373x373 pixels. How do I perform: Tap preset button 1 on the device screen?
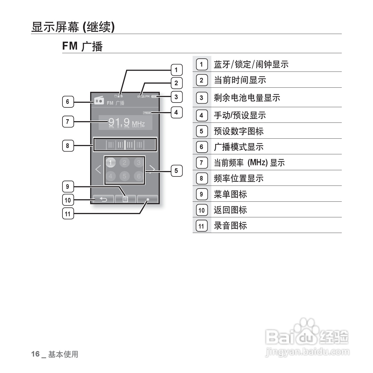pyautogui.click(x=110, y=163)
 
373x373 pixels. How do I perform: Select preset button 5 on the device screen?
pyautogui.click(x=124, y=176)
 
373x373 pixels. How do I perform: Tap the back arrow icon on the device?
pyautogui.click(x=103, y=199)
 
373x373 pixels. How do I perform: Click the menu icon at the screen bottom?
pyautogui.click(x=125, y=199)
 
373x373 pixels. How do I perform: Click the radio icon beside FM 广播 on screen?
pyautogui.click(x=99, y=101)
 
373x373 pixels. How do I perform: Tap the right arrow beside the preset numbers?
pyautogui.click(x=152, y=169)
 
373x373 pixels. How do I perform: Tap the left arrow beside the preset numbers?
pyautogui.click(x=98, y=169)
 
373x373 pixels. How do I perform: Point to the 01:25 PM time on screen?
pyautogui.click(x=143, y=96)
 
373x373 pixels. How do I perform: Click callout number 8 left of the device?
pyautogui.click(x=68, y=146)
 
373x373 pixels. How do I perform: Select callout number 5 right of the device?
pyautogui.click(x=176, y=171)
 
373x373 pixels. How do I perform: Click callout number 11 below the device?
pyautogui.click(x=68, y=214)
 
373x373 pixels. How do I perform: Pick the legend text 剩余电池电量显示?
pyautogui.click(x=247, y=98)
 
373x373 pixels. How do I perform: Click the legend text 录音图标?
pyautogui.click(x=230, y=226)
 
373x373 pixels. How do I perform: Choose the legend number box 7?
pyautogui.click(x=201, y=163)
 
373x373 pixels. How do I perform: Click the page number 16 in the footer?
pyautogui.click(x=36, y=354)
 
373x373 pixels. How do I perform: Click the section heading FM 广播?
pyautogui.click(x=82, y=46)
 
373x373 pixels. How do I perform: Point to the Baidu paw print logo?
pyautogui.click(x=306, y=327)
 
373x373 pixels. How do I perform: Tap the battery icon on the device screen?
pyautogui.click(x=154, y=96)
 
